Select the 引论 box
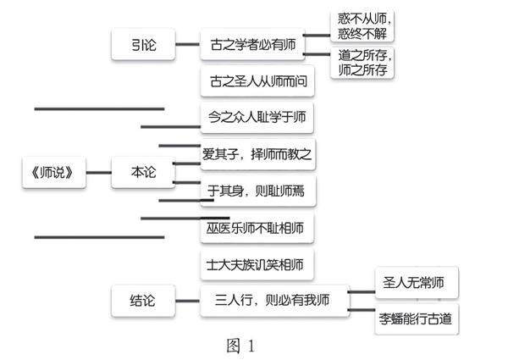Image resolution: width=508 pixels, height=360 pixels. pyautogui.click(x=141, y=46)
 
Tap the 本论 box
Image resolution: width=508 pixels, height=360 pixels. pyautogui.click(x=141, y=172)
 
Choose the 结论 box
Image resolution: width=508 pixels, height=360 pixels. pyautogui.click(x=141, y=300)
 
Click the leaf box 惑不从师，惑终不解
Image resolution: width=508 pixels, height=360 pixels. pyautogui.click(x=363, y=25)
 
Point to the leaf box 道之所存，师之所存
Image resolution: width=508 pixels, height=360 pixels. pyautogui.click(x=363, y=63)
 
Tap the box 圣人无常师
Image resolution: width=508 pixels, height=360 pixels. pyautogui.click(x=415, y=282)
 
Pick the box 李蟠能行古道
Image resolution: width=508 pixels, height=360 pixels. pyautogui.click(x=415, y=319)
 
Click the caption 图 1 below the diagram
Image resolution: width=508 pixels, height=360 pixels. pyautogui.click(x=240, y=346)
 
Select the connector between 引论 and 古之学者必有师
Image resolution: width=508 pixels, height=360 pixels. pyautogui.click(x=185, y=47)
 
